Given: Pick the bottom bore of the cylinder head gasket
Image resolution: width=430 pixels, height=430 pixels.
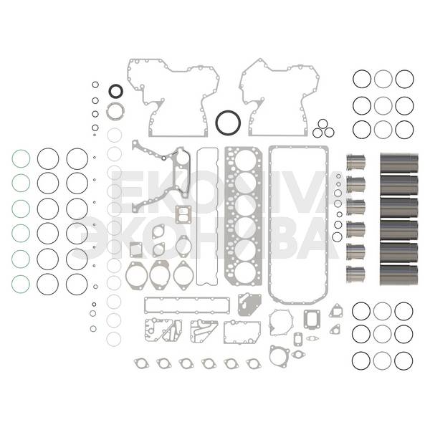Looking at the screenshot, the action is [235, 273].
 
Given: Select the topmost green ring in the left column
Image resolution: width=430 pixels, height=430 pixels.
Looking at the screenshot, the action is [12, 158].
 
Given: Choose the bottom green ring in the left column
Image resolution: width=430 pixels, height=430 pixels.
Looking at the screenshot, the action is [12, 284].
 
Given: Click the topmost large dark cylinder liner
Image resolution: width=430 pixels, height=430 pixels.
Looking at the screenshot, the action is [399, 163].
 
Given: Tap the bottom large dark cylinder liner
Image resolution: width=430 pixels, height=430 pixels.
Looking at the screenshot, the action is [399, 274].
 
